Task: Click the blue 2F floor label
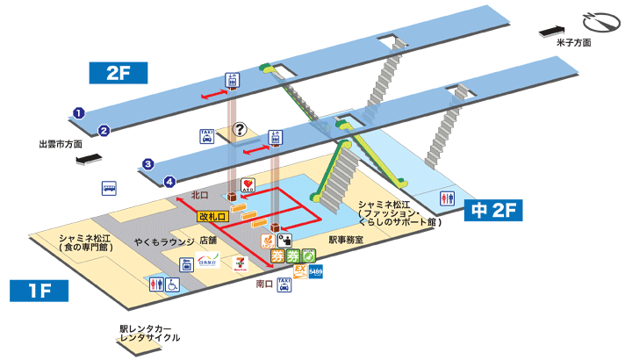[118, 73]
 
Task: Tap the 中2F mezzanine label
[493, 211]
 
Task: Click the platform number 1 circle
[78, 112]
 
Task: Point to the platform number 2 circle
[103, 131]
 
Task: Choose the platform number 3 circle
[149, 163]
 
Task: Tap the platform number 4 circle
[169, 182]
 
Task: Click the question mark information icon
[240, 130]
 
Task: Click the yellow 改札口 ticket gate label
[212, 215]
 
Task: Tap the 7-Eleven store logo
[241, 262]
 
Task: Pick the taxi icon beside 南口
[284, 284]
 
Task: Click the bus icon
[109, 187]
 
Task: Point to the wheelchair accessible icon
[173, 284]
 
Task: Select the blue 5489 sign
[316, 273]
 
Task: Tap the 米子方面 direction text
[574, 42]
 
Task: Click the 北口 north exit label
[199, 195]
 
